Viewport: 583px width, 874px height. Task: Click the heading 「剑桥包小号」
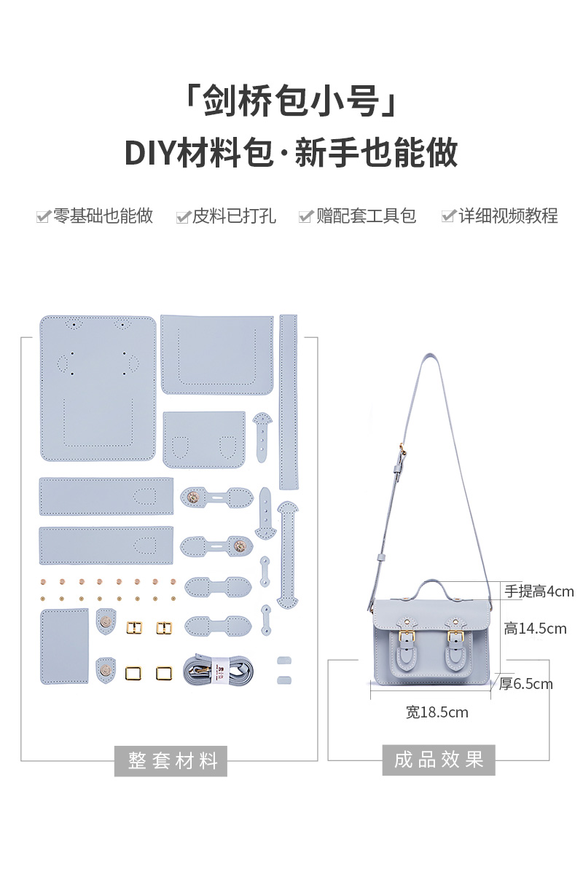pos(291,102)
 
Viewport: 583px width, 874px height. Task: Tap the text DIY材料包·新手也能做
pos(291,153)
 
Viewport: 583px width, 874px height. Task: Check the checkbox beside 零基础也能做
pos(43,217)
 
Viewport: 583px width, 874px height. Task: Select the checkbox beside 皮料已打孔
pos(182,217)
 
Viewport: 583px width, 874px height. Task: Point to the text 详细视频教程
pos(508,216)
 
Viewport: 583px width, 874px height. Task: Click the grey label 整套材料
pos(173,761)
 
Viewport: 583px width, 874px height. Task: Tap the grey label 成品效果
pos(439,760)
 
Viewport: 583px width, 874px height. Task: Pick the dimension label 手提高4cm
pos(539,591)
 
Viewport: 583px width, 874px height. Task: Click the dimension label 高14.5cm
pos(534,628)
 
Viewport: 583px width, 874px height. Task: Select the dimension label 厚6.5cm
pos(526,684)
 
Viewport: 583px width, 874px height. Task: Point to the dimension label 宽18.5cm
pos(437,712)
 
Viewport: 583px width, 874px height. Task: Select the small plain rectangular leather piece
pos(64,646)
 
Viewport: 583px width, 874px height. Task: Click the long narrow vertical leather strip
pos(289,401)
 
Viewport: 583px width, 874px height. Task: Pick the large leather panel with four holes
pos(98,388)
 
